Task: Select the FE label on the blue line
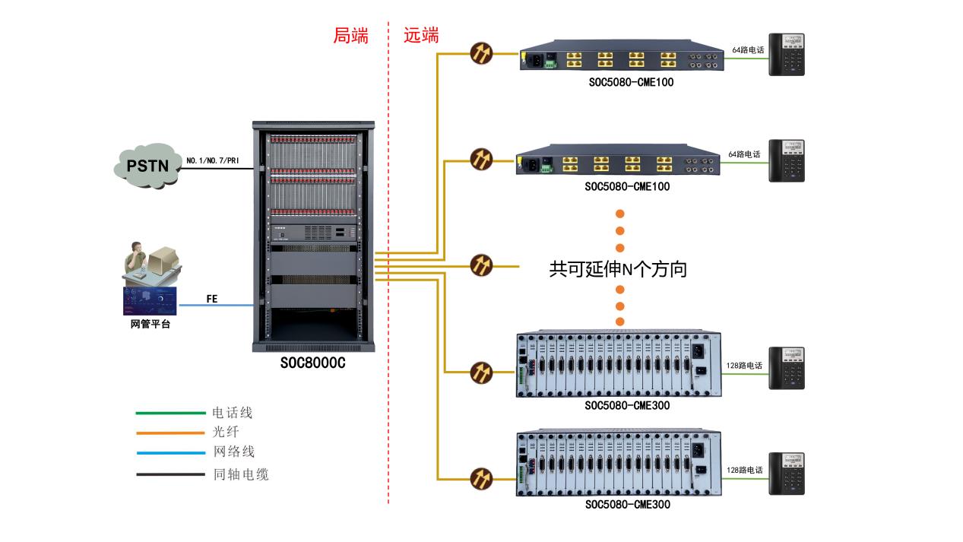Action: (212, 300)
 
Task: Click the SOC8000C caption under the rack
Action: (312, 363)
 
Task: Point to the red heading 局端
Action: (350, 36)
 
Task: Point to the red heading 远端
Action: (421, 36)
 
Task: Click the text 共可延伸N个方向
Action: (618, 269)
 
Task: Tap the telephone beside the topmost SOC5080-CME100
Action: (786, 55)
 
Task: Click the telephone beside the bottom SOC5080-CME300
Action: (786, 474)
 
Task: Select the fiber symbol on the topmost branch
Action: (481, 53)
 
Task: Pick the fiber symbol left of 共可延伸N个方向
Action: (481, 265)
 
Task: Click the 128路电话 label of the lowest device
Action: (744, 471)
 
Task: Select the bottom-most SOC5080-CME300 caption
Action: (627, 504)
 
